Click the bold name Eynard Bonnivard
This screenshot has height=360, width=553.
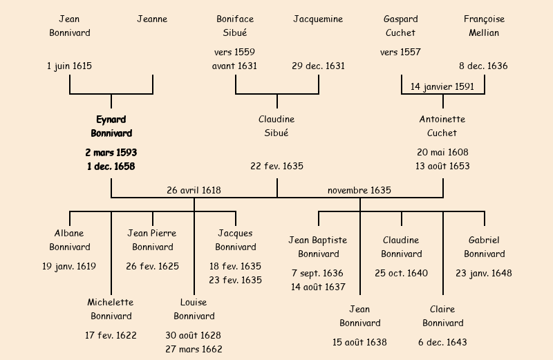(x=111, y=126)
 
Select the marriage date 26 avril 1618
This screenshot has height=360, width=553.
(x=194, y=190)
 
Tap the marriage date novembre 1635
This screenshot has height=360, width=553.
(x=359, y=190)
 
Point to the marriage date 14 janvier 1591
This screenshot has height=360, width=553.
(x=442, y=86)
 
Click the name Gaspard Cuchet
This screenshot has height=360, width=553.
(x=400, y=26)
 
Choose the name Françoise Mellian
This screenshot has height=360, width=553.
(x=484, y=26)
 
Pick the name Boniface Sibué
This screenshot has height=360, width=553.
(x=236, y=26)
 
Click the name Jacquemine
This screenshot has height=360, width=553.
(x=318, y=19)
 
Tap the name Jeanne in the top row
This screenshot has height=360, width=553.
(x=152, y=19)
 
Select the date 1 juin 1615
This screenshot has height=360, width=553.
(x=70, y=66)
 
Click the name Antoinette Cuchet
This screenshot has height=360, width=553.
(x=442, y=126)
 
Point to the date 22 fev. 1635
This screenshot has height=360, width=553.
(x=276, y=166)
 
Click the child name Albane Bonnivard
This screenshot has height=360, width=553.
(x=70, y=240)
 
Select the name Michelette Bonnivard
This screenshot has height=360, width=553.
(x=111, y=309)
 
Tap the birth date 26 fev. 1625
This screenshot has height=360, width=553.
(x=152, y=266)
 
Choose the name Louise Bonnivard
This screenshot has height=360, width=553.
(x=194, y=309)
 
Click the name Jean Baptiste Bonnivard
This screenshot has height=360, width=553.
(x=318, y=247)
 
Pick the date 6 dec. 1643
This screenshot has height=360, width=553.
(x=442, y=342)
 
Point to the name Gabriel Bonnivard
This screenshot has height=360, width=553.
(x=484, y=247)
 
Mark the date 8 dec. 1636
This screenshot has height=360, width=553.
(x=484, y=66)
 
